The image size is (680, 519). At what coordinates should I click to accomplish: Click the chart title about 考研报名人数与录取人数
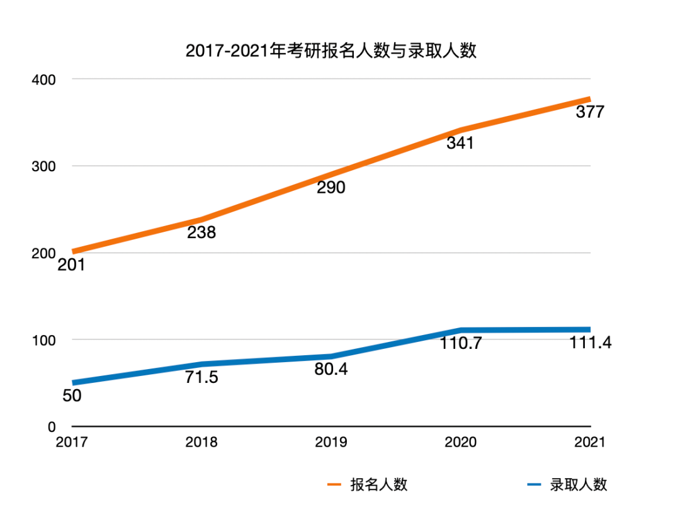[x=331, y=51]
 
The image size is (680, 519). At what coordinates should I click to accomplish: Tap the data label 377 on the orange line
[x=590, y=112]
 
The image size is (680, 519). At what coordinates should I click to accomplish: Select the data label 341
[x=460, y=143]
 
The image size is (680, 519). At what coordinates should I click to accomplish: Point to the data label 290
[x=331, y=188]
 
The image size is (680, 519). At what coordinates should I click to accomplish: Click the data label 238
[x=201, y=233]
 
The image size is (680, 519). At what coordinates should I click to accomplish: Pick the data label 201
[x=71, y=265]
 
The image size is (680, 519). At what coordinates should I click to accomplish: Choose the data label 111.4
[x=590, y=343]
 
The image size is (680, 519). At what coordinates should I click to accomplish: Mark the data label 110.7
[x=460, y=343]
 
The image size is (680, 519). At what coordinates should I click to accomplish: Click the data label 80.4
[x=331, y=369]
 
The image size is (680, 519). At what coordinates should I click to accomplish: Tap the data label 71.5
[x=201, y=377]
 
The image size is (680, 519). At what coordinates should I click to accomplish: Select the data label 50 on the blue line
[x=72, y=396]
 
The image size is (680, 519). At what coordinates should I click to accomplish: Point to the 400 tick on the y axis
[x=45, y=79]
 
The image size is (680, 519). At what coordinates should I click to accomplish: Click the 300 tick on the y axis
[x=45, y=166]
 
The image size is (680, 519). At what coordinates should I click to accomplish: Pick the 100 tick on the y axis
[x=45, y=340]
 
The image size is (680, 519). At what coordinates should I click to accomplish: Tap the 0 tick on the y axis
[x=52, y=427]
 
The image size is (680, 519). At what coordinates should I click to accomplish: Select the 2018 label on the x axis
[x=201, y=442]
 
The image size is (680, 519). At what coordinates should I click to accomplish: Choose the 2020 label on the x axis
[x=460, y=442]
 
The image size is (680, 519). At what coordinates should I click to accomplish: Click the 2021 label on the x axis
[x=589, y=442]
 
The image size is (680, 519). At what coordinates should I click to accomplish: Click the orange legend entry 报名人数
[x=368, y=484]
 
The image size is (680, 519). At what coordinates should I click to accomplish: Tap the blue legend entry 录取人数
[x=567, y=484]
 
